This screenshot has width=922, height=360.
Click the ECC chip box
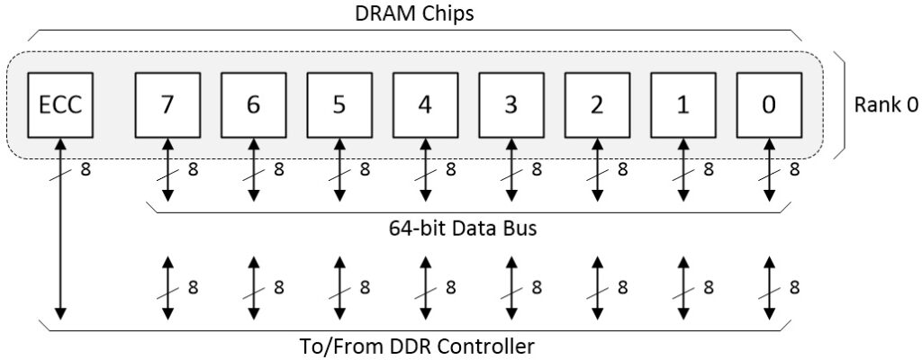point(60,105)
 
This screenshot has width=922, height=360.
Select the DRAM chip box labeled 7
point(167,105)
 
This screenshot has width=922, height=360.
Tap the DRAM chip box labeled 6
point(253,105)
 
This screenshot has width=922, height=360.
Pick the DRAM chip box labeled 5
point(339,105)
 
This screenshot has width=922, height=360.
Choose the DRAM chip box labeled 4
point(425,105)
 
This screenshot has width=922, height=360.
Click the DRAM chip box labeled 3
point(511,105)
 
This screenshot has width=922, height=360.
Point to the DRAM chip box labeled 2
point(597,105)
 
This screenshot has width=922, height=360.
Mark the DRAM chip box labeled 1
point(682,105)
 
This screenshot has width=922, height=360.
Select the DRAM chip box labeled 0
point(768,105)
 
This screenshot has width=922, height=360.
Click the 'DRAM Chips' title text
point(414,15)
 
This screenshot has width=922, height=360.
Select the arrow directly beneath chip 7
point(167,170)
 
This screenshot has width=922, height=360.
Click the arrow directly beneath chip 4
point(425,170)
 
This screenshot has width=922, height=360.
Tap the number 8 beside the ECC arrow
point(86,168)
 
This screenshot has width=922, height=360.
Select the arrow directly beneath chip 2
point(597,170)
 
